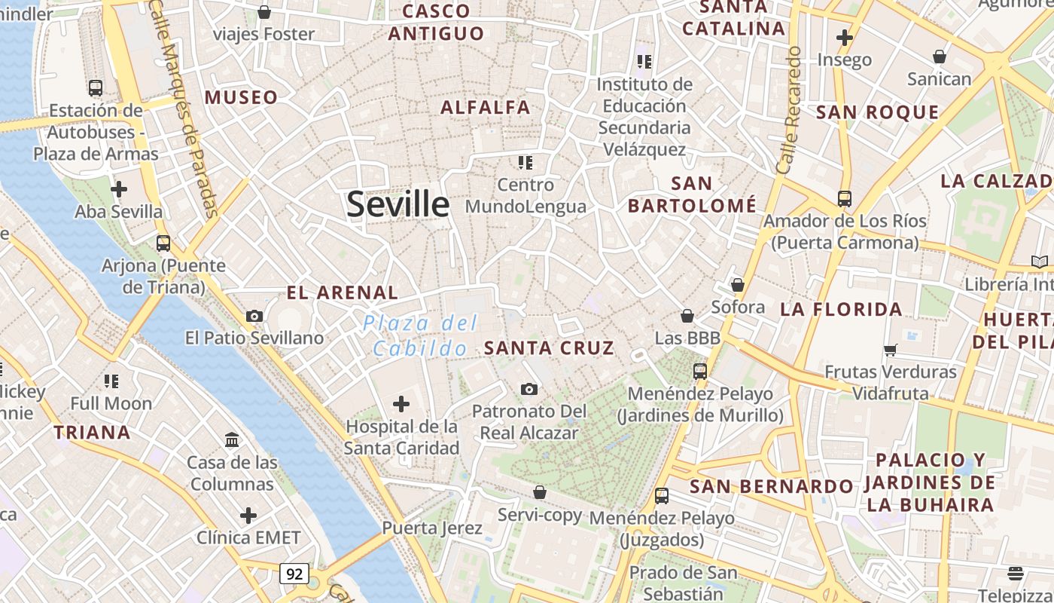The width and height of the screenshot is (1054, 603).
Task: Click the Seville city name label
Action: click(398, 204)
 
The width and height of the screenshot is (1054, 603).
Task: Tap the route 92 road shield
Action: click(294, 574)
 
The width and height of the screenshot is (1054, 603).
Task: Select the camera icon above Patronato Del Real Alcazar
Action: click(529, 389)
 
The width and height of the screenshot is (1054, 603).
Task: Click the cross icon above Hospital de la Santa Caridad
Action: click(401, 405)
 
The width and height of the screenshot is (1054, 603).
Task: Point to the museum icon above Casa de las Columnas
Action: click(232, 439)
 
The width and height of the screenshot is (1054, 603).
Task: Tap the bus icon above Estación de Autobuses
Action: click(96, 88)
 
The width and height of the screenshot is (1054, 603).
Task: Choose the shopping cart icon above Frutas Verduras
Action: click(891, 349)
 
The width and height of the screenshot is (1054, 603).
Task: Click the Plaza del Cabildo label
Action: click(420, 336)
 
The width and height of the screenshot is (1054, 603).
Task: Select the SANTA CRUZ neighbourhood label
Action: click(549, 348)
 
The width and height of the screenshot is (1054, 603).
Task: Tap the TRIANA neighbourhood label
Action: click(92, 433)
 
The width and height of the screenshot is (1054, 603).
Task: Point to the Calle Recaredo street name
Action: click(789, 111)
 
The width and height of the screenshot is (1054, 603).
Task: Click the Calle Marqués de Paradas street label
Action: click(185, 113)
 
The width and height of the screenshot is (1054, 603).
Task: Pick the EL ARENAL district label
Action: click(342, 292)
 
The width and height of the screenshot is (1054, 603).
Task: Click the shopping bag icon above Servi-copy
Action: click(539, 492)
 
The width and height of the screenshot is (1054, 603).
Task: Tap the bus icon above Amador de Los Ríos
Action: click(845, 199)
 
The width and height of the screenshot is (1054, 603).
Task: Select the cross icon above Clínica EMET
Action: click(248, 516)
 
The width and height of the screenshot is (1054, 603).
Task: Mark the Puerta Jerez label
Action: click(431, 528)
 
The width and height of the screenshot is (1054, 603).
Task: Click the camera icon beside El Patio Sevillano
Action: click(254, 316)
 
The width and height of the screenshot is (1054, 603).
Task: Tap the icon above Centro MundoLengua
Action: click(525, 162)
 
